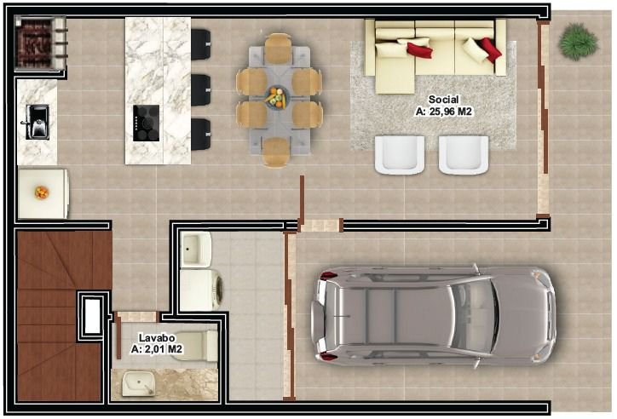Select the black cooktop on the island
pyautogui.click(x=145, y=123)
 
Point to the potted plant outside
pyautogui.click(x=579, y=41)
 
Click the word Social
pyautogui.click(x=443, y=100)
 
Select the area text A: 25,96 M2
pyautogui.click(x=443, y=111)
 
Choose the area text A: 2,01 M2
pyautogui.click(x=156, y=349)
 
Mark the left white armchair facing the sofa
pyautogui.click(x=399, y=154)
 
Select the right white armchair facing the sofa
pyautogui.click(x=464, y=154)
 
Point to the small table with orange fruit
pyautogui.click(x=42, y=193)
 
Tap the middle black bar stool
pyautogui.click(x=201, y=89)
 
